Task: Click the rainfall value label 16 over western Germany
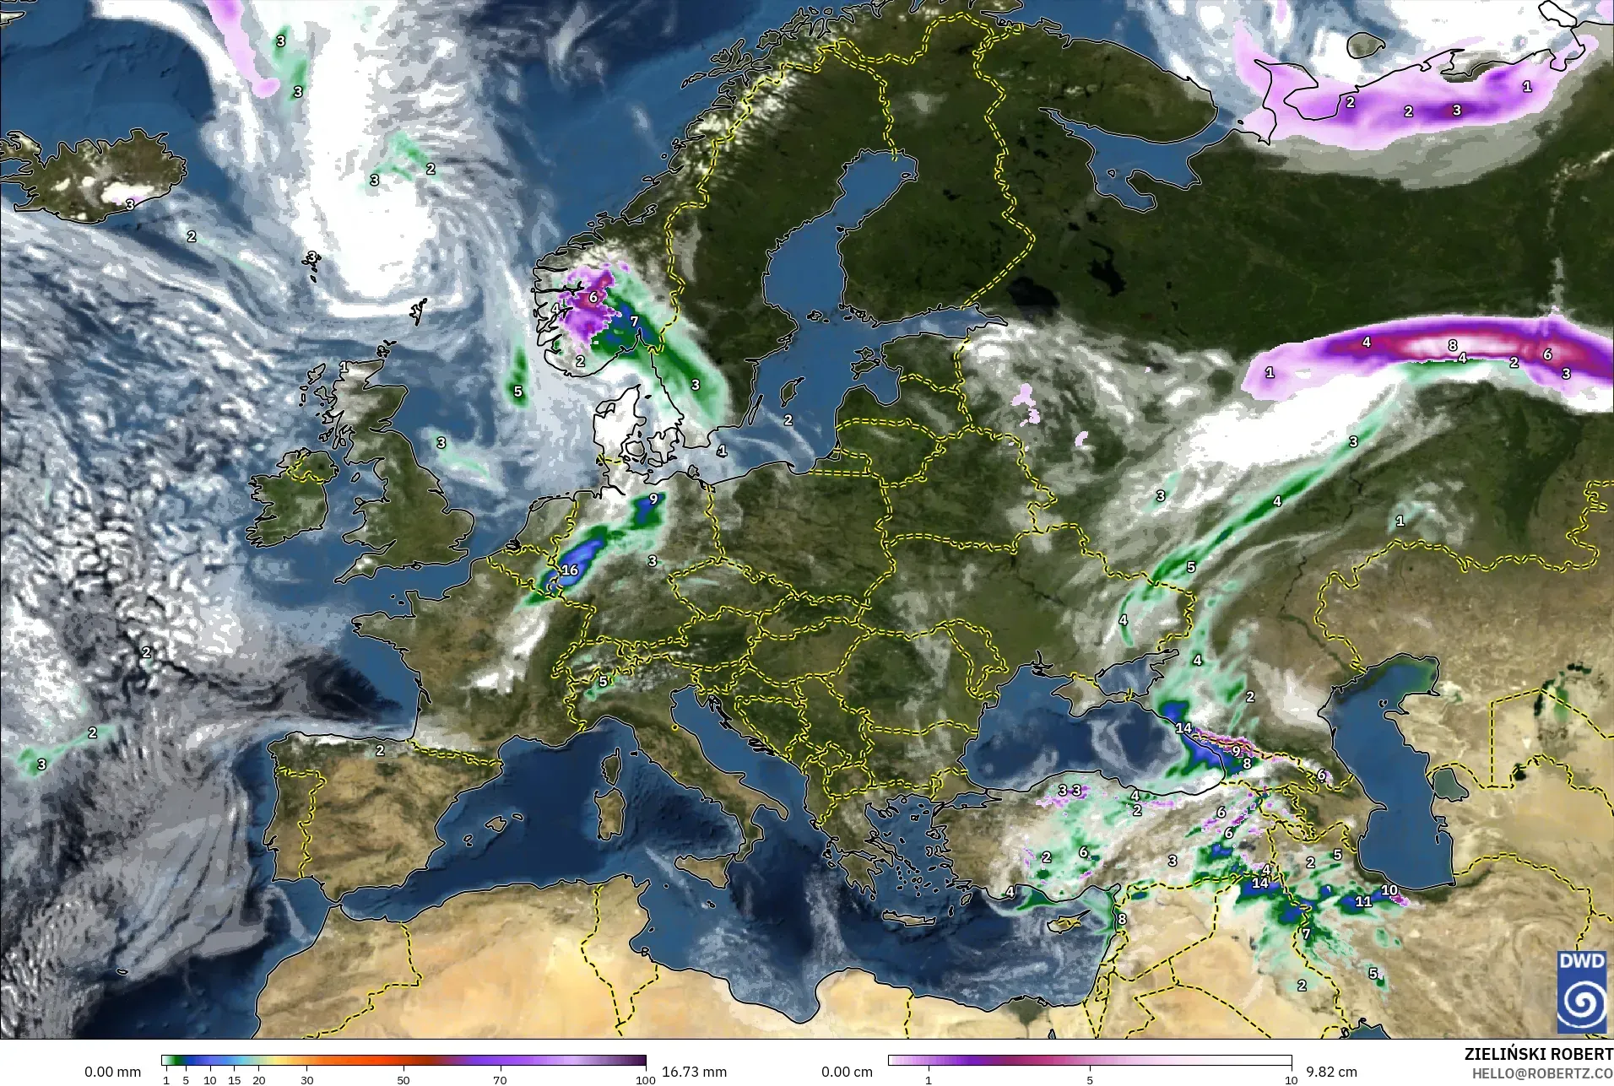[x=570, y=570]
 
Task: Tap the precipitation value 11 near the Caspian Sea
[x=1363, y=901]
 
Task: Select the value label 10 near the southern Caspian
[x=1389, y=890]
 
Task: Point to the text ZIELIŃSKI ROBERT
[x=1538, y=1056]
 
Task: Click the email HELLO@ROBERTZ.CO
[x=1542, y=1074]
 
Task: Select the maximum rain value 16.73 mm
[x=694, y=1072]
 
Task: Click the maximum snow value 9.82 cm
[x=1331, y=1072]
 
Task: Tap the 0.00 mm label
[x=112, y=1072]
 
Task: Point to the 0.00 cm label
[x=847, y=1072]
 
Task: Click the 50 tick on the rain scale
[x=403, y=1079]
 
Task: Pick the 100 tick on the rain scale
[x=645, y=1079]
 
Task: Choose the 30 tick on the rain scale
[x=307, y=1079]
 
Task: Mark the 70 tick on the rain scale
[x=500, y=1079]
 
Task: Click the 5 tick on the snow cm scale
[x=1090, y=1079]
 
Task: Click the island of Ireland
[x=291, y=498]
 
